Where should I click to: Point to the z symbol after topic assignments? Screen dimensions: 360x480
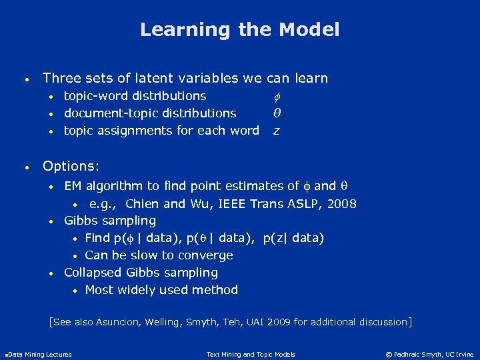[276, 131]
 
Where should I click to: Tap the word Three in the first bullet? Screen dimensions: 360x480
[61, 79]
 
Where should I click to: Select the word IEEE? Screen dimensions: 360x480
[222, 204]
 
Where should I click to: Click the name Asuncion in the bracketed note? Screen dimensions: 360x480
[118, 323]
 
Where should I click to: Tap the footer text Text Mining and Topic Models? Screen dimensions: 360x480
[251, 354]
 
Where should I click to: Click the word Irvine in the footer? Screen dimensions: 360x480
[465, 354]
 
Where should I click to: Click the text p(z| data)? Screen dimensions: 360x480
[294, 238]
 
